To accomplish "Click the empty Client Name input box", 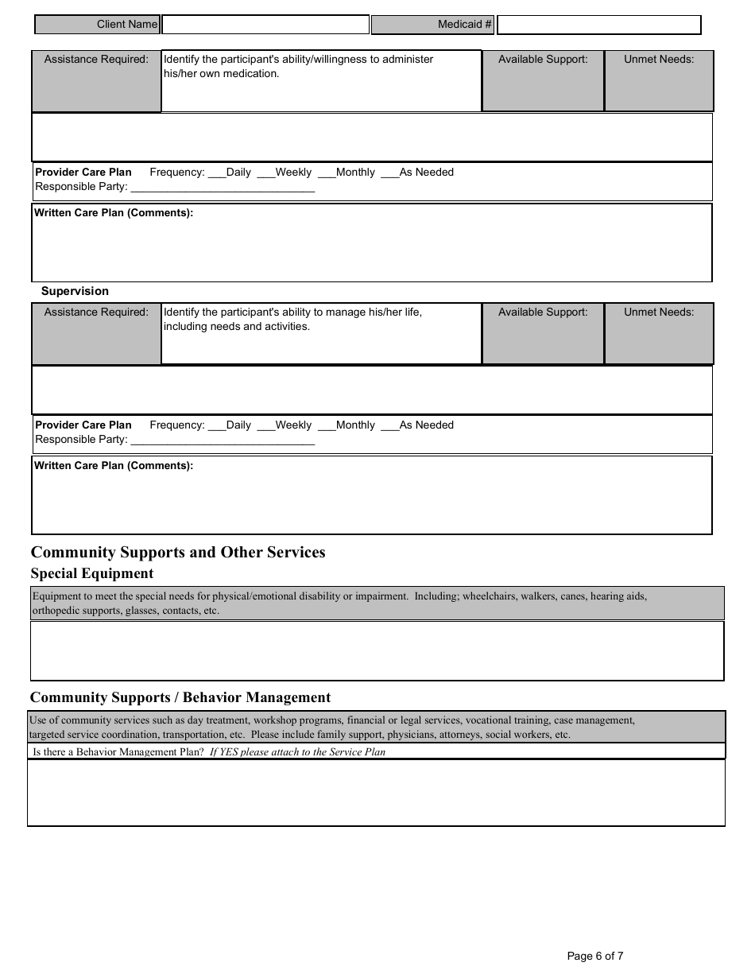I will pyautogui.click(x=265, y=25).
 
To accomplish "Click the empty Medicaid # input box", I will pyautogui.click(x=598, y=25).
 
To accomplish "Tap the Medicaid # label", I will pyautogui.click(x=464, y=25).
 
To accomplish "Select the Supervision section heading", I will pyautogui.click(x=75, y=291).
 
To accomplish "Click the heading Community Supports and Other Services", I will pyautogui.click(x=178, y=553).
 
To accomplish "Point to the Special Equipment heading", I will pyautogui.click(x=92, y=573).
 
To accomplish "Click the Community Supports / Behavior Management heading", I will pyautogui.click(x=180, y=697).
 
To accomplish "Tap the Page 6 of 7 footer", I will pyautogui.click(x=594, y=956).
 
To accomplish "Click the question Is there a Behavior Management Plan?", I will pyautogui.click(x=118, y=751).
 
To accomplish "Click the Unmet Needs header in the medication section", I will pyautogui.click(x=658, y=60).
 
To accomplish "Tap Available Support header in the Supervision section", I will pyautogui.click(x=543, y=312).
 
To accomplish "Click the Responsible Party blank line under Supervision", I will pyautogui.click(x=222, y=440).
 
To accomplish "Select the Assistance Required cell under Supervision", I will pyautogui.click(x=96, y=312).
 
